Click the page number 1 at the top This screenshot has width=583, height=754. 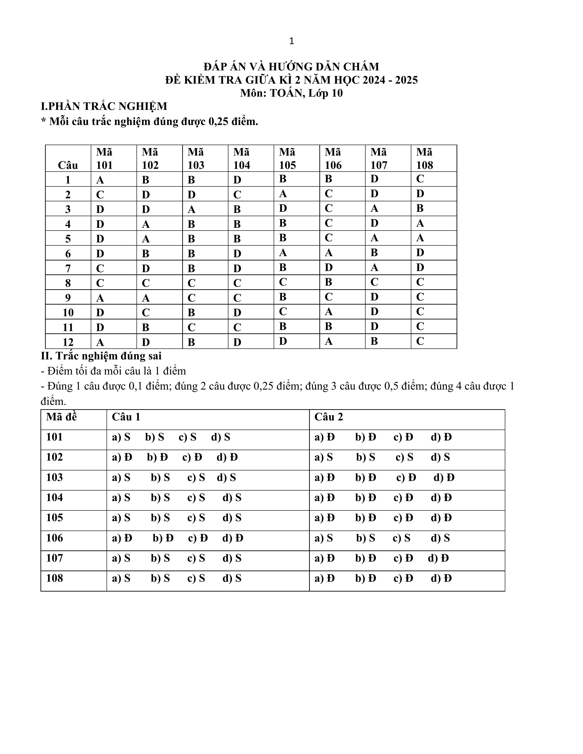pyautogui.click(x=291, y=41)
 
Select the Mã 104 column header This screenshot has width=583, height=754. pyautogui.click(x=241, y=159)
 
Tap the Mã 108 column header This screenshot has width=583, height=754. pyautogui.click(x=425, y=159)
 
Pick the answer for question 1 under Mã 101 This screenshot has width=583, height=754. pyautogui.click(x=100, y=180)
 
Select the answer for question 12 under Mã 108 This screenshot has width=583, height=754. pyautogui.click(x=420, y=341)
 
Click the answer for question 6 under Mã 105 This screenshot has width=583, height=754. pyautogui.click(x=283, y=253)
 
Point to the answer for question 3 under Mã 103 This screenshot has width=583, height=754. pyautogui.click(x=191, y=209)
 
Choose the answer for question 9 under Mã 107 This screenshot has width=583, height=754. pyautogui.click(x=374, y=297)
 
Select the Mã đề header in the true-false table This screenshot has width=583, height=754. pyautogui.click(x=62, y=417)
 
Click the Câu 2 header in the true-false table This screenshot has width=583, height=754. pyautogui.click(x=329, y=417)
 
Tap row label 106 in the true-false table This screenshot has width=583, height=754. pyautogui.click(x=55, y=538)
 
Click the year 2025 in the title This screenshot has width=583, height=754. pyautogui.click(x=406, y=80)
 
